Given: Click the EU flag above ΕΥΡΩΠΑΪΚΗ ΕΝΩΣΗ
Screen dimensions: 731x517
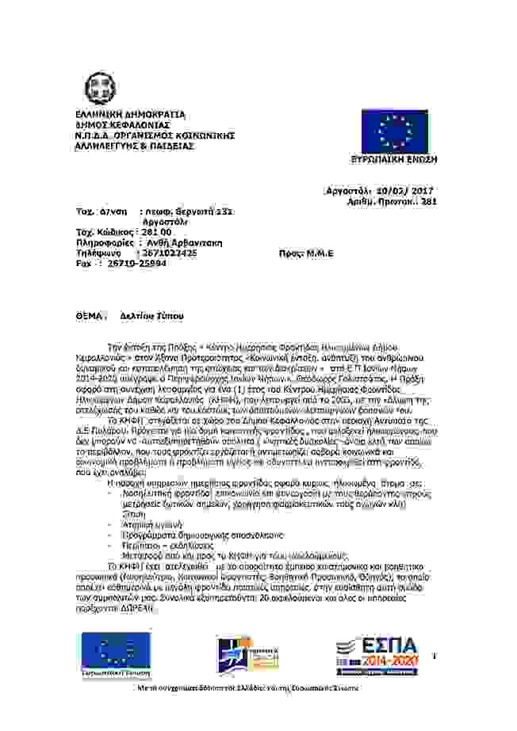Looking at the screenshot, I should (394, 131).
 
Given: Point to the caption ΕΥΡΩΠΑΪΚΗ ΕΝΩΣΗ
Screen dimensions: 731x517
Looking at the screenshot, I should (394, 159).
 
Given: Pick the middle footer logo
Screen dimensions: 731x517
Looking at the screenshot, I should (247, 654).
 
